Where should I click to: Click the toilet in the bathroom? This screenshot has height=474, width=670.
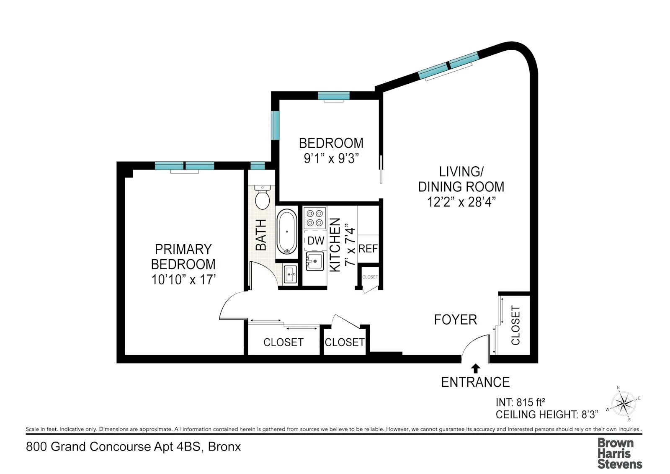pos(263,198)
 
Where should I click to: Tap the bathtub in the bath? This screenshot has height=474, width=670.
pos(287,232)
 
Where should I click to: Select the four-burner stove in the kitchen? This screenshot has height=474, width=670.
pos(315,218)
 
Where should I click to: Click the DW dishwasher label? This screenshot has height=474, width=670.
pos(316,241)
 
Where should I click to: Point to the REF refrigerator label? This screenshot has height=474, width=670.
pos(368,249)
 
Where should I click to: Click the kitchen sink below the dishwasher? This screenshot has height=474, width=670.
pos(315,261)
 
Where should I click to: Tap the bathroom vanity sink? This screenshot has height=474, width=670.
pos(290,275)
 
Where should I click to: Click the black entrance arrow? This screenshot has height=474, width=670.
pos(475,368)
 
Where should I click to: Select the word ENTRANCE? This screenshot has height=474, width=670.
pos(475,382)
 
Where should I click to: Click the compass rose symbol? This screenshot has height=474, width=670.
pos(624,404)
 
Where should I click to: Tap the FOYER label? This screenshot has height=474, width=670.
pos(455,320)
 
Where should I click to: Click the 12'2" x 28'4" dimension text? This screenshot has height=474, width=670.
pos(461,202)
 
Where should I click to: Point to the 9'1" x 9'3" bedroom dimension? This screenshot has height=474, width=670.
pos(331,159)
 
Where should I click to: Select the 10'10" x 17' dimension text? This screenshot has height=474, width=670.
pos(183,279)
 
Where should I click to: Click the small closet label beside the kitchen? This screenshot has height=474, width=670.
pos(370,277)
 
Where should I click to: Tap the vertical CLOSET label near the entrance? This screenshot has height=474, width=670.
pos(515,325)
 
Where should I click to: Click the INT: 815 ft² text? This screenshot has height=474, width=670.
pos(520,402)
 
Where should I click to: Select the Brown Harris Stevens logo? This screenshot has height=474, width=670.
pos(619,453)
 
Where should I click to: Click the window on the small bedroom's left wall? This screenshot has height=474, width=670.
pos(275,125)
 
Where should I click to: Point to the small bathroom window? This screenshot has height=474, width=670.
pos(258,165)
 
